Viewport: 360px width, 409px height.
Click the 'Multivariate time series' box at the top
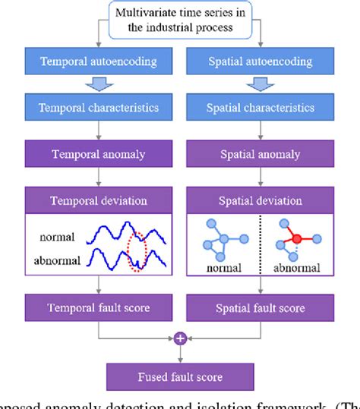[180, 21]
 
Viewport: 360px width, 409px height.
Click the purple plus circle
[180, 339]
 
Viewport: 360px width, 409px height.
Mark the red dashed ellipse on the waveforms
[138, 245]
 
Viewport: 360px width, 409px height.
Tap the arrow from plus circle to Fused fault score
[180, 354]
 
